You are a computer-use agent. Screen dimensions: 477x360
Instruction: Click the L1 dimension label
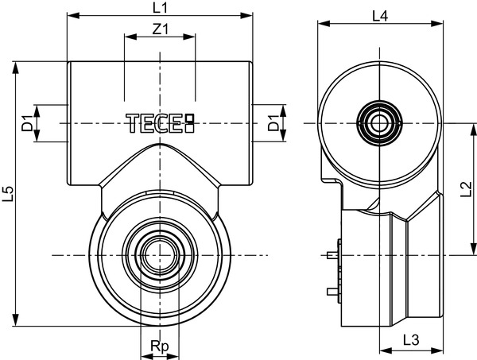[x=160, y=7]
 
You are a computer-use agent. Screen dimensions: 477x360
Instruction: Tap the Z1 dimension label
[x=160, y=29]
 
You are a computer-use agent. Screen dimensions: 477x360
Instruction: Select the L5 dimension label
[x=8, y=194]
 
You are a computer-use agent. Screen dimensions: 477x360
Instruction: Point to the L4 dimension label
[x=380, y=16]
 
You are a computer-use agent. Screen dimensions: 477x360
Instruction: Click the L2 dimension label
[x=466, y=189]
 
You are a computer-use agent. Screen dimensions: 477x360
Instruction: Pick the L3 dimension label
[x=411, y=339]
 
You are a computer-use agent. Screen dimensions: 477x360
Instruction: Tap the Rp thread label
[x=160, y=346]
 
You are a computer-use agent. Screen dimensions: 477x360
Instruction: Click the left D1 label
[x=27, y=123]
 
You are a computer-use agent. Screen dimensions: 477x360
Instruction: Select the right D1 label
[x=273, y=123]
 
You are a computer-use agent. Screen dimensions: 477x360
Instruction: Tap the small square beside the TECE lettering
[x=190, y=118]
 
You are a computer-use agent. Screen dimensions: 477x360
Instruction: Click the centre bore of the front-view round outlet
[x=160, y=255]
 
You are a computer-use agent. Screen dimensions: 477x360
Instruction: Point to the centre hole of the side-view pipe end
[x=379, y=123]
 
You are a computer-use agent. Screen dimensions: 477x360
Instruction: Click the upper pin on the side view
[x=333, y=255]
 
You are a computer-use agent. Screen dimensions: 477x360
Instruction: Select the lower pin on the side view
[x=333, y=292]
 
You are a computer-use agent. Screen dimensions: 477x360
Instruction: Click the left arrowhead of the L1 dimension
[x=73, y=16]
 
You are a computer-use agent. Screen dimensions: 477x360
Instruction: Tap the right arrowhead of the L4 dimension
[x=436, y=24]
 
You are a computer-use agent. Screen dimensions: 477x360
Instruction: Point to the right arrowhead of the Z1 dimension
[x=188, y=37]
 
